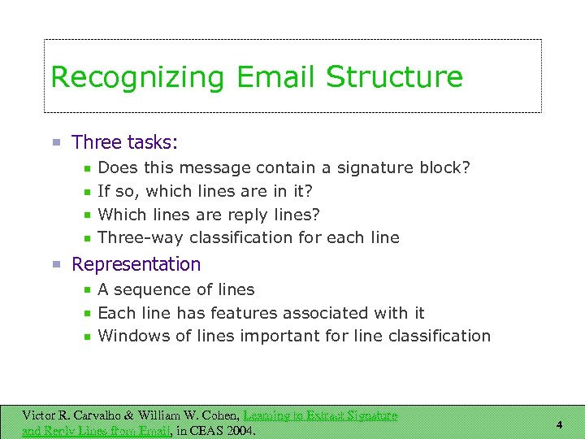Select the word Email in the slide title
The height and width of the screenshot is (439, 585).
tap(276, 78)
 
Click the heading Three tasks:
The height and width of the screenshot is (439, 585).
tap(125, 142)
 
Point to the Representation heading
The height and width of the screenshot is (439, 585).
tap(136, 264)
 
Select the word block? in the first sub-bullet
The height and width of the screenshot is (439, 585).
tap(444, 167)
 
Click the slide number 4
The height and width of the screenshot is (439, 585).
tap(559, 424)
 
